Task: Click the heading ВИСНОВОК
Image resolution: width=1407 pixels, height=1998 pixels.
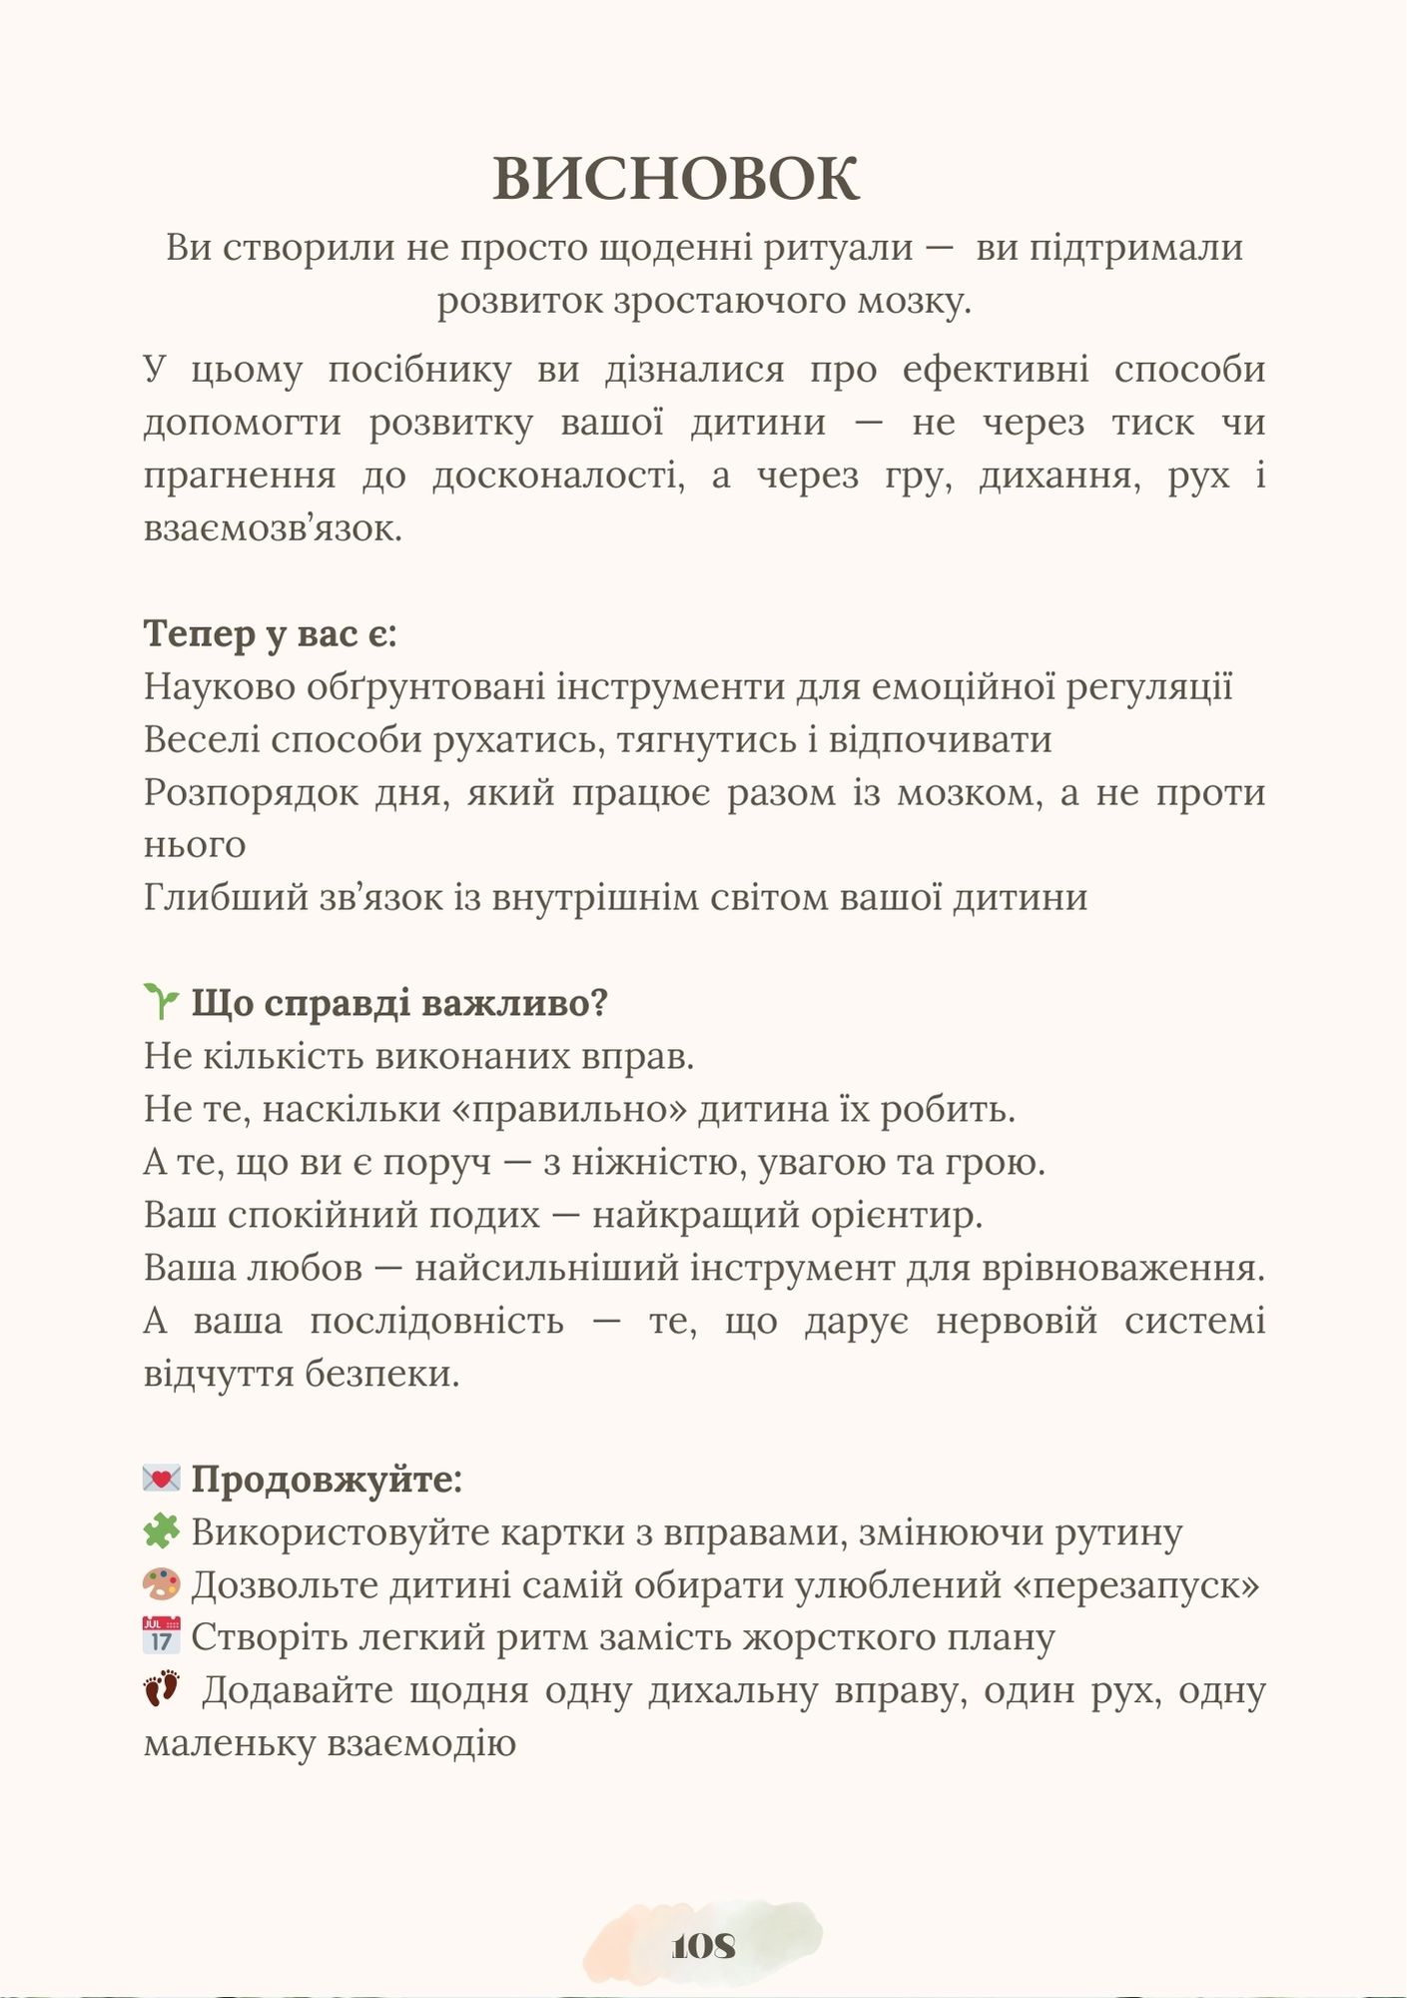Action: (x=676, y=180)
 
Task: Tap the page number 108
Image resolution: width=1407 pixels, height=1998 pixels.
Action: (x=704, y=1946)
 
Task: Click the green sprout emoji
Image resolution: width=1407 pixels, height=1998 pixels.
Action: (x=161, y=1002)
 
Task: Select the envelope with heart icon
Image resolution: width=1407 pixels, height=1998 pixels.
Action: (x=161, y=1479)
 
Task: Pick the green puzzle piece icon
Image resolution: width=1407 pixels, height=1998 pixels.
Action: (x=161, y=1531)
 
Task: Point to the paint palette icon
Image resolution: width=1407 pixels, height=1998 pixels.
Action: (x=161, y=1584)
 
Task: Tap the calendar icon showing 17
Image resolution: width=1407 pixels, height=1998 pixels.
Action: (x=161, y=1636)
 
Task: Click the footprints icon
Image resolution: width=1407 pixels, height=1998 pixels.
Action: (x=162, y=1689)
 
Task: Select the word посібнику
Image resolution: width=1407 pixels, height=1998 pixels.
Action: (x=419, y=371)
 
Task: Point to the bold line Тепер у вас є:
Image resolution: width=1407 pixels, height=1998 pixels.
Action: (x=270, y=634)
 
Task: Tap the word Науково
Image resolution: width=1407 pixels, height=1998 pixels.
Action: (x=220, y=687)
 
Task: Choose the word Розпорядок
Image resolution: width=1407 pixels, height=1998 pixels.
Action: (x=251, y=793)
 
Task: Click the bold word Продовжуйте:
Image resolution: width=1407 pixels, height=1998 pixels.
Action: (x=327, y=1480)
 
